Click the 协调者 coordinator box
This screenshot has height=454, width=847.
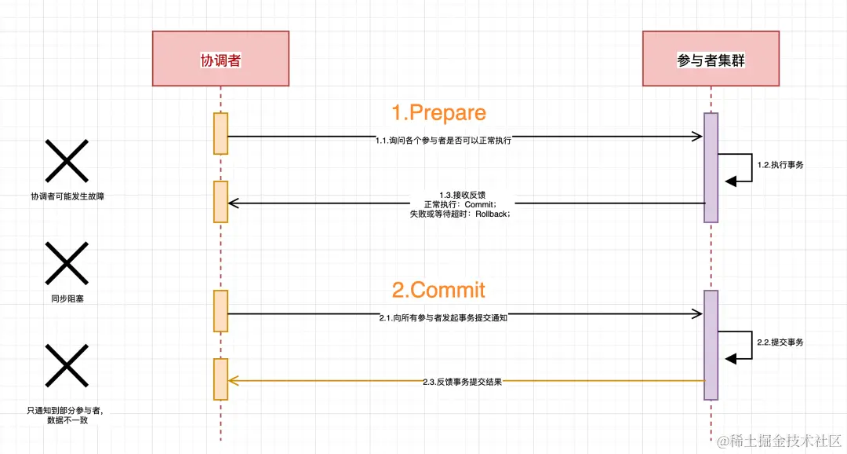220,59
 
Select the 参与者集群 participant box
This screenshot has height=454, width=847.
711,59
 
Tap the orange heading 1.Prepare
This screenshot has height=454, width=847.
438,113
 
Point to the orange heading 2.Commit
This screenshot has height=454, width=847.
438,290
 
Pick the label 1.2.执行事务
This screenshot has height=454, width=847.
780,165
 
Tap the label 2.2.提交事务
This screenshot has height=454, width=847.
780,342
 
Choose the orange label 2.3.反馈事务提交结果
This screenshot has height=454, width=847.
462,382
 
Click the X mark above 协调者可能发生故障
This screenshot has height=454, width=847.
66,160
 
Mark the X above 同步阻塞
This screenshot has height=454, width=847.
66,262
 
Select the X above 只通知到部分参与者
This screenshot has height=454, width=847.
66,365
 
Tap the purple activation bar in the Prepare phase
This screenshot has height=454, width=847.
711,167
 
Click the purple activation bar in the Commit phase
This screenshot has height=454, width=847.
711,344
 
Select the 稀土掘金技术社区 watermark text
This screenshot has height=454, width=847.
787,441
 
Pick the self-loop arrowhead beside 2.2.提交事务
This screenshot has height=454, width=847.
731,358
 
